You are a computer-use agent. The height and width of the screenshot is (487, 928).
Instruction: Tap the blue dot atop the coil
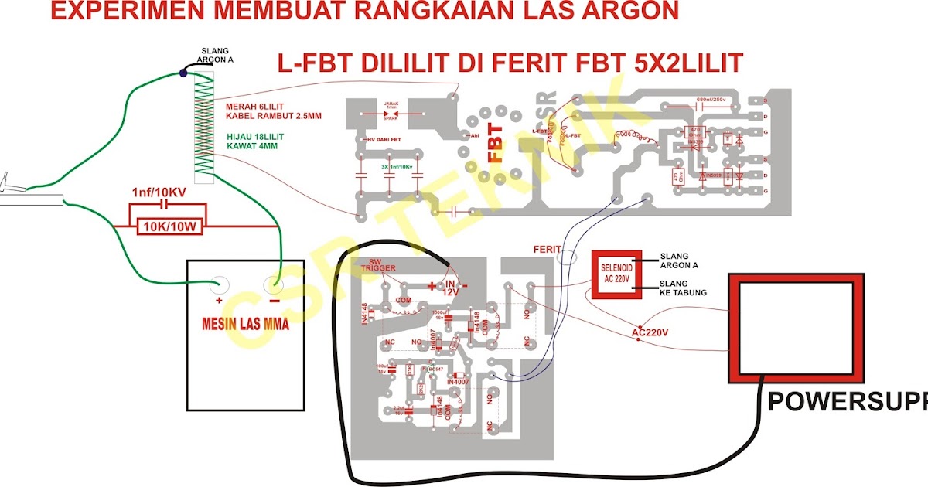(x=183, y=73)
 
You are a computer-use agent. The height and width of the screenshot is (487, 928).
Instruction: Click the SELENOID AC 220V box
(x=616, y=274)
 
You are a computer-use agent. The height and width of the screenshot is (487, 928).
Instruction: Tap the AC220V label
(x=650, y=332)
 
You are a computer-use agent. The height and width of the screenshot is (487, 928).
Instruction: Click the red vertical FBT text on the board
(x=495, y=143)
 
